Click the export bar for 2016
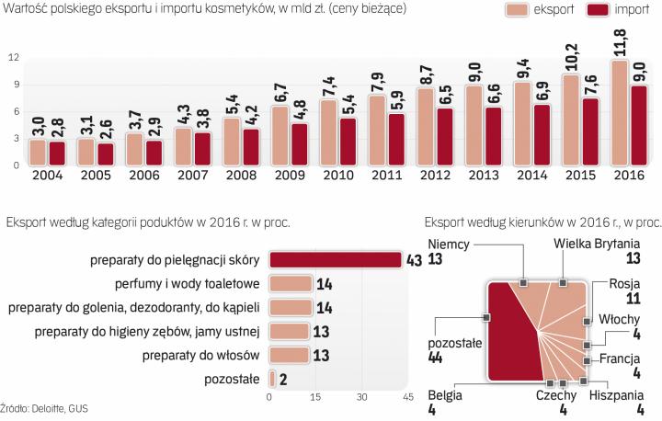click(x=620, y=113)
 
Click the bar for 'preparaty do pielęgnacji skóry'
click(x=335, y=260)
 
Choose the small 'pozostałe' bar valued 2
click(x=273, y=378)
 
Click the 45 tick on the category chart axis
click(x=405, y=397)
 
